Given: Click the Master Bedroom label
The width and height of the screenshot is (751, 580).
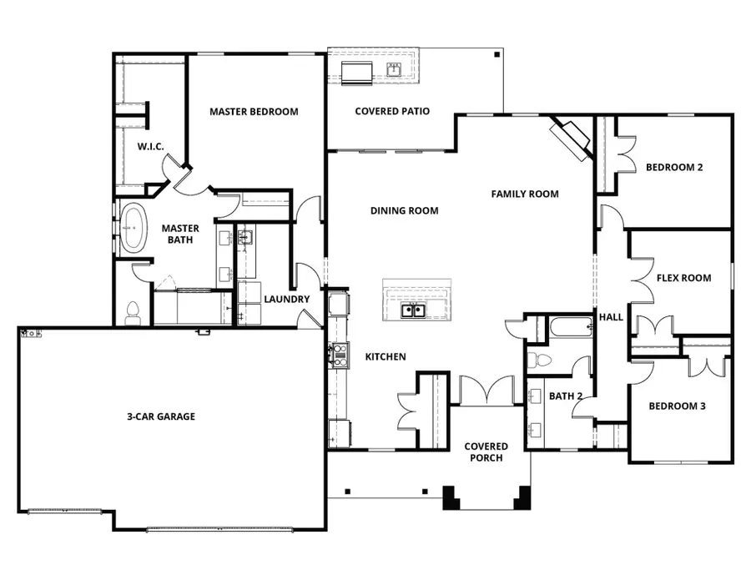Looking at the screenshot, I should (254, 112).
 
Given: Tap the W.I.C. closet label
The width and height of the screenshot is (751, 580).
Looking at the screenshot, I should (150, 147).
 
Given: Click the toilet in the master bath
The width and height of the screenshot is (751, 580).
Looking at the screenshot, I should (131, 313).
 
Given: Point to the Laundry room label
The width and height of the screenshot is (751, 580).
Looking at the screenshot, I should (286, 300).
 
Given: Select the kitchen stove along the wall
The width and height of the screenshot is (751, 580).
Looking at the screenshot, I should (340, 356).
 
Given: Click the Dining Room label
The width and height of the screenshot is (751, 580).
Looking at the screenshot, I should (404, 211).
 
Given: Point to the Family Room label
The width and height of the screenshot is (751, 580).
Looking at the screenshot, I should (524, 194).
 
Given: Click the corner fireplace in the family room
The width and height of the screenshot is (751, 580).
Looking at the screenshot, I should (572, 137).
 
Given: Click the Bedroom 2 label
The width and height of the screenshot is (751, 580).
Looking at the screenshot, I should (673, 167).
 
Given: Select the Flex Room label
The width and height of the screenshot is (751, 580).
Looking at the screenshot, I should (683, 278).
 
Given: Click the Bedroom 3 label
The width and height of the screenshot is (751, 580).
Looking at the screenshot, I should (678, 406).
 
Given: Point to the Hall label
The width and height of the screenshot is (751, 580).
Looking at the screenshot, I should (611, 317).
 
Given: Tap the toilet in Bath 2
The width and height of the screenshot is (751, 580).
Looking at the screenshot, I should (541, 361).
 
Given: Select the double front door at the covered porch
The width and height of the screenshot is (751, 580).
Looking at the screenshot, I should (487, 391).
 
